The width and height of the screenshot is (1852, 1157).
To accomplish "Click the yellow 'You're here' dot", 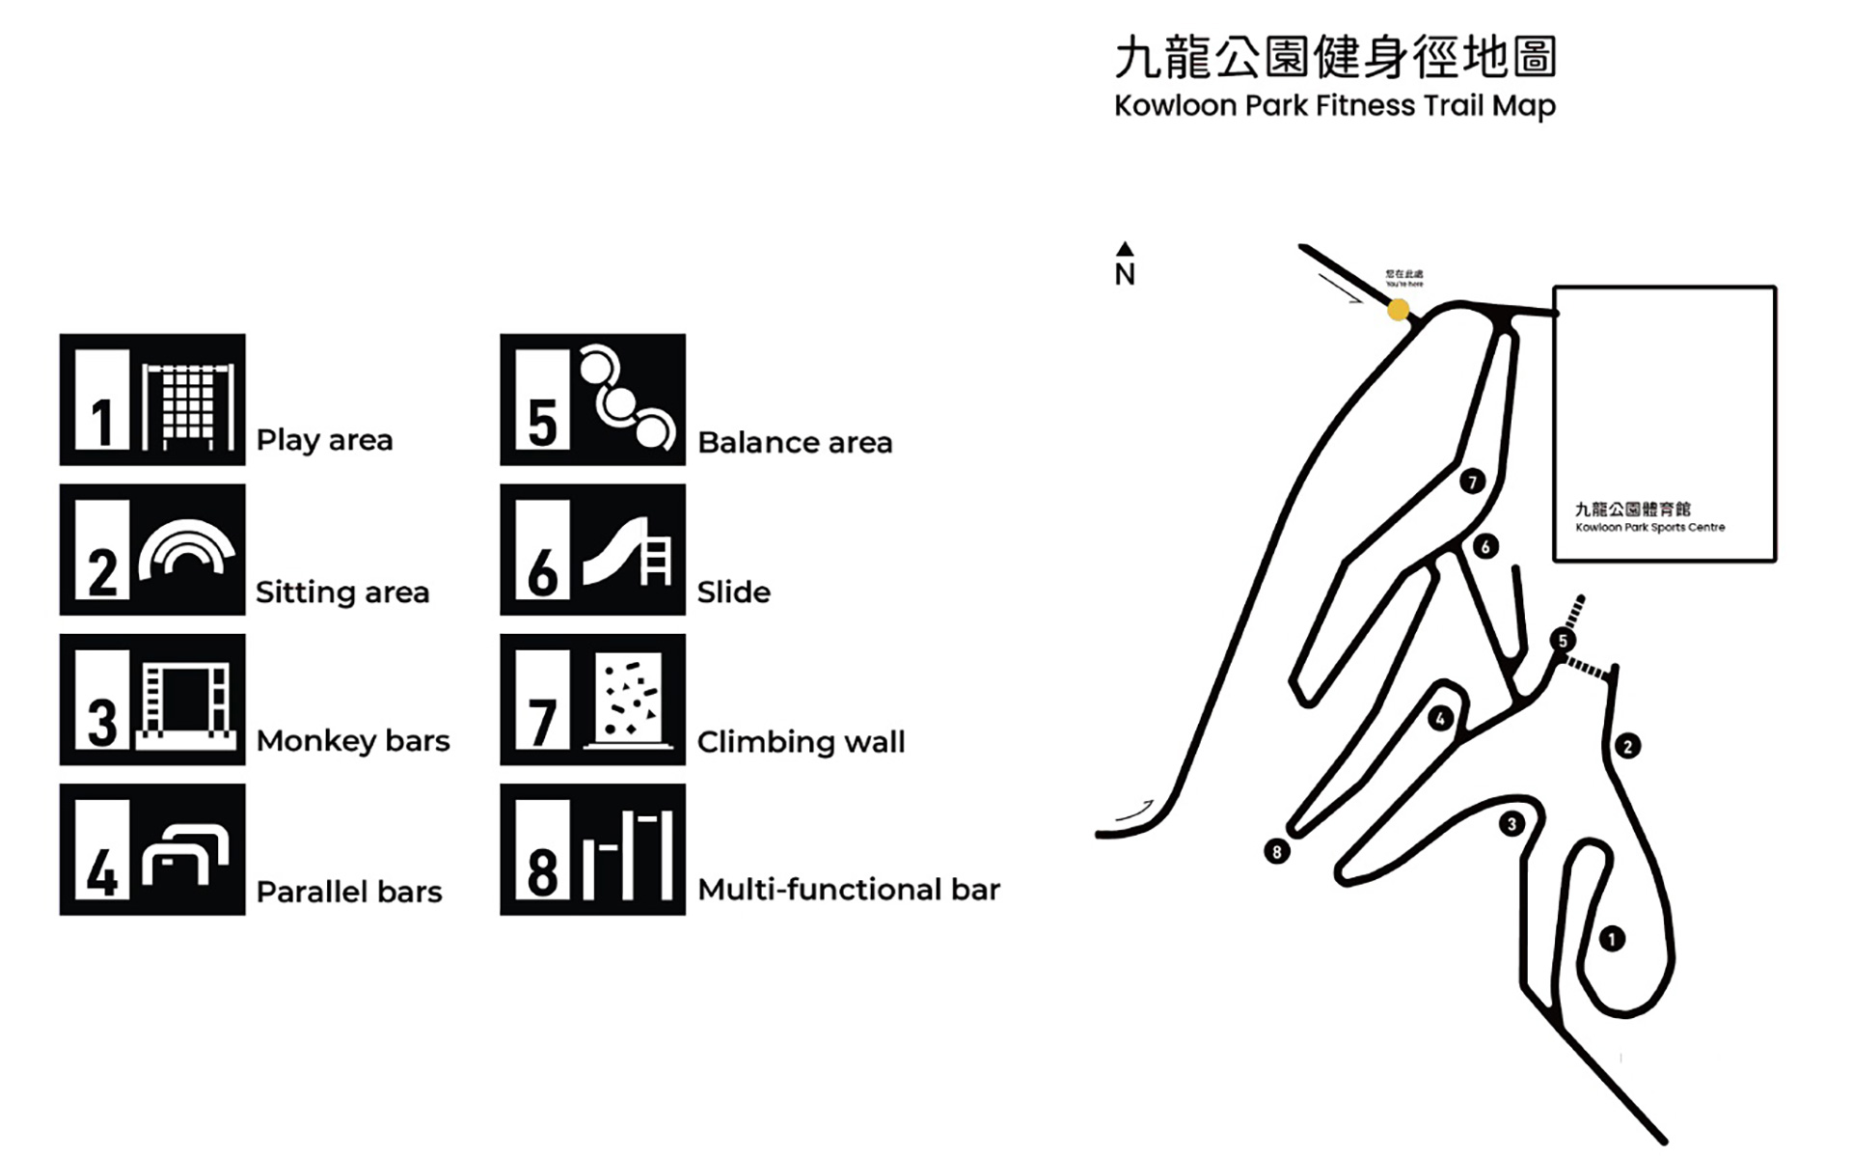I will click(x=1398, y=310).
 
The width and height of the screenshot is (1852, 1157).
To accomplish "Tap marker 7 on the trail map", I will click(x=1472, y=481).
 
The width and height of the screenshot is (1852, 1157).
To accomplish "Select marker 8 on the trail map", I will click(x=1277, y=851).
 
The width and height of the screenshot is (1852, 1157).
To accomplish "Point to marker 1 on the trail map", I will click(x=1612, y=938).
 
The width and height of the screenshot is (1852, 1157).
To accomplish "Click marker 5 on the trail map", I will click(x=1563, y=640).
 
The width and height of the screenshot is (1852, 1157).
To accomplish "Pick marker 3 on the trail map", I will click(x=1512, y=824).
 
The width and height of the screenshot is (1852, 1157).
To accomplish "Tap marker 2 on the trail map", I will click(x=1627, y=746).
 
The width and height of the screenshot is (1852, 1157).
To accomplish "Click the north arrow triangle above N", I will click(x=1125, y=249).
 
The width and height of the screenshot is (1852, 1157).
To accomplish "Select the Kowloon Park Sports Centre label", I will click(x=1649, y=517).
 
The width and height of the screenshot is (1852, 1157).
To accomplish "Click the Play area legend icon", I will click(x=152, y=399).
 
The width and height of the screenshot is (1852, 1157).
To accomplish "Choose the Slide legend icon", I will click(x=592, y=550).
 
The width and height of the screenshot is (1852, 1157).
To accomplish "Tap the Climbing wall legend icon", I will click(x=592, y=700).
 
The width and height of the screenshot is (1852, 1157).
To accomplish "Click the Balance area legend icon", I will click(x=592, y=399).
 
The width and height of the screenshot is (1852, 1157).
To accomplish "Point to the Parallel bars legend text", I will click(x=349, y=892).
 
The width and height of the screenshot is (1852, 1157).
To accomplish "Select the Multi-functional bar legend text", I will click(x=849, y=889).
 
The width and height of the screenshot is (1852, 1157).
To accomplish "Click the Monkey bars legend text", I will click(x=353, y=741).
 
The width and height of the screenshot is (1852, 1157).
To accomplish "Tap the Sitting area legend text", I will click(x=342, y=592).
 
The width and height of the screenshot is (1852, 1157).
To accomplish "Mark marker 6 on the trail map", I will click(x=1485, y=547).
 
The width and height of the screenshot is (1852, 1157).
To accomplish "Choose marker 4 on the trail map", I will click(x=1440, y=718).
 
